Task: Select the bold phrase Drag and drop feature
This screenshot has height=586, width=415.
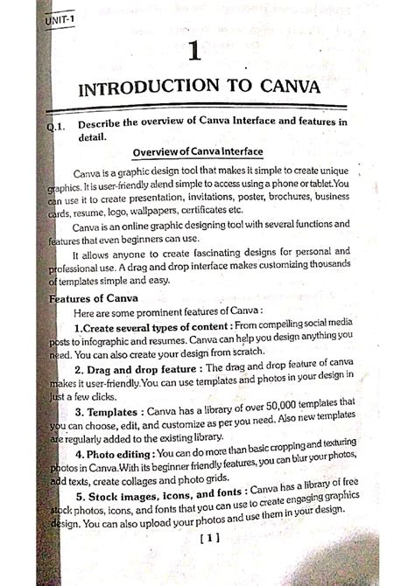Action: [144, 370]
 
